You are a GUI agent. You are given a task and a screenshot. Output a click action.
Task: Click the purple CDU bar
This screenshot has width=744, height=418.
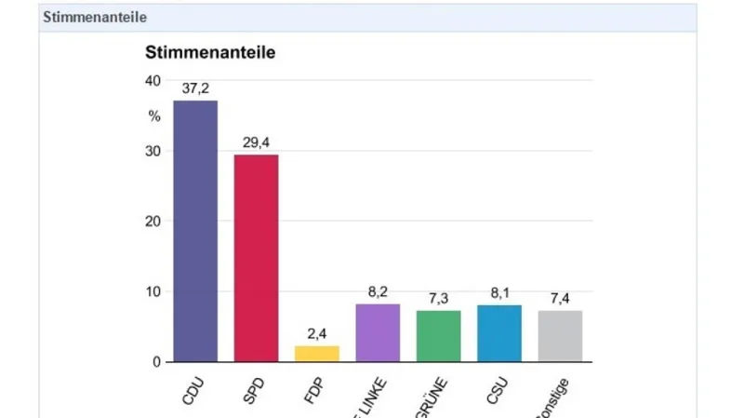point(195,231)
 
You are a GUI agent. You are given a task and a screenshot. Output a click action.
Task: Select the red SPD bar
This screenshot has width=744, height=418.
point(256,258)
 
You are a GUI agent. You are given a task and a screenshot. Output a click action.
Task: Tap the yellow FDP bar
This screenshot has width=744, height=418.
point(317,354)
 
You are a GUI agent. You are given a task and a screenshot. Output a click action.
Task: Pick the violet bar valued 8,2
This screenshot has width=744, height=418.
point(378,332)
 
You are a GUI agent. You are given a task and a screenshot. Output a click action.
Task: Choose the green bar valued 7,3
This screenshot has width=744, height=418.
point(438,336)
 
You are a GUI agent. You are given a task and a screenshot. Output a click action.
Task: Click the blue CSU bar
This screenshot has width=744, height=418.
point(499,333)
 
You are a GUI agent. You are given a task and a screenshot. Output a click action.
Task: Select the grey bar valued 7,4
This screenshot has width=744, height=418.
point(560,336)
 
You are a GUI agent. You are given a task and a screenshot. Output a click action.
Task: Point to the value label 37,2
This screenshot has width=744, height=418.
point(195,89)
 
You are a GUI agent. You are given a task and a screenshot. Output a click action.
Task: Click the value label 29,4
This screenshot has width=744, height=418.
point(256,143)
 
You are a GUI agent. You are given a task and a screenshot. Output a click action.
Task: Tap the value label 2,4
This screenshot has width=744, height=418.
point(317,333)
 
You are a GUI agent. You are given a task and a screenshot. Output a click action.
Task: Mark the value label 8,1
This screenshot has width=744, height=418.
point(499,292)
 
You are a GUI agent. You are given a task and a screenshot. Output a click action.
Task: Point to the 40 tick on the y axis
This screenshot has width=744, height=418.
point(153,81)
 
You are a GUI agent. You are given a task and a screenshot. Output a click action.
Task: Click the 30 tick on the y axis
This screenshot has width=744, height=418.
point(153,152)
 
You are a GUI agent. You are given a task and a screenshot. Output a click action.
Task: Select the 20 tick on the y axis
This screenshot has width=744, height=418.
point(153,222)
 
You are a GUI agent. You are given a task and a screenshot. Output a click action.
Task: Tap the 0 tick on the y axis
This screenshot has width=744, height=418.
point(156,362)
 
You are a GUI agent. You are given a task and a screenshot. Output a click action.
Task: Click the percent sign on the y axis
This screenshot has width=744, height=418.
point(154,116)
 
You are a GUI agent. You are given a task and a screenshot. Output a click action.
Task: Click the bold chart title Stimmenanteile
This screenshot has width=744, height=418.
point(210,53)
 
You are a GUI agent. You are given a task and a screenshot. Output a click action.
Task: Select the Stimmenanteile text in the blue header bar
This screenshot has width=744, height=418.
point(95,17)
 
